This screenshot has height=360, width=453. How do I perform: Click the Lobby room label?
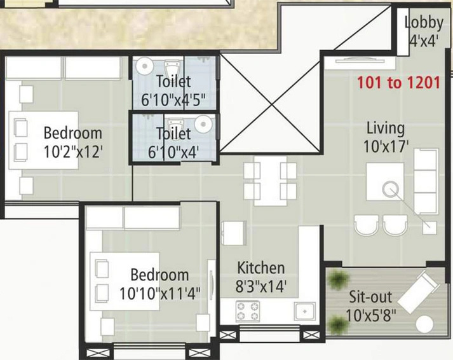click(x=424, y=23)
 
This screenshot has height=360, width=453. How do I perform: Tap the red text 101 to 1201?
click(x=398, y=83)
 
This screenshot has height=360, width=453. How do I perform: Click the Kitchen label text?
click(x=261, y=268)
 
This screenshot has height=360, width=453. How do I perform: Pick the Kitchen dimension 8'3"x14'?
click(x=262, y=286)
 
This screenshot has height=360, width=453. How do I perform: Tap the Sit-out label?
click(x=371, y=297)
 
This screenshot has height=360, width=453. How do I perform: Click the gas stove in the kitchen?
click(x=247, y=312)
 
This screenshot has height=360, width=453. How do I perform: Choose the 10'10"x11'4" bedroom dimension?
click(x=159, y=294)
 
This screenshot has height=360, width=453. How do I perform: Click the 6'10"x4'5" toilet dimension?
click(x=173, y=99)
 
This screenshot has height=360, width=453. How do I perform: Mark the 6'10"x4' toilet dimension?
click(x=173, y=152)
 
